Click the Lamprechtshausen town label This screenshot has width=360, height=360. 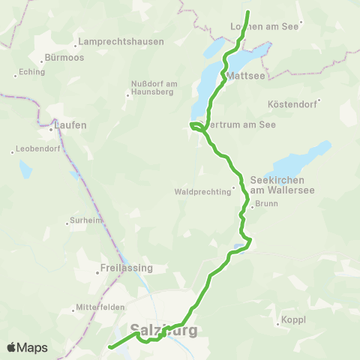tap(121, 42)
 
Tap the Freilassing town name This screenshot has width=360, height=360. tap(126, 268)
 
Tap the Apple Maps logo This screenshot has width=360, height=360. tap(27, 348)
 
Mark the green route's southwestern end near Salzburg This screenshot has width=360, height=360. tap(110, 347)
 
